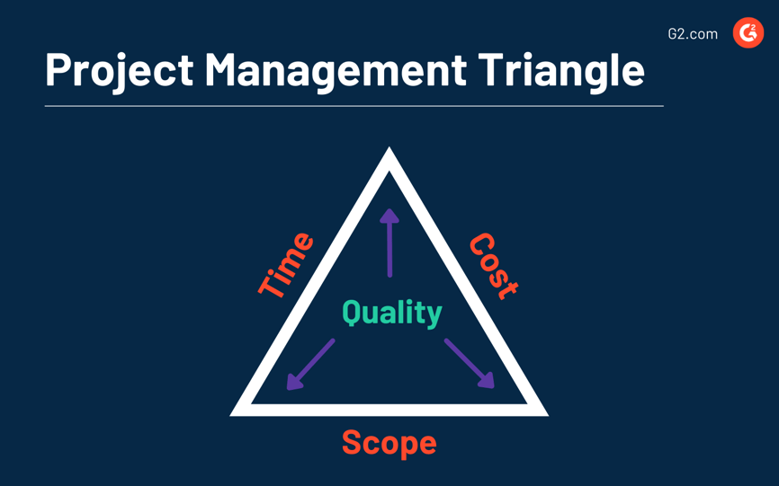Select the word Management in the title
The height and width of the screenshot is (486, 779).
336,69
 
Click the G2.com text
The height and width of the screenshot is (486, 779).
693,34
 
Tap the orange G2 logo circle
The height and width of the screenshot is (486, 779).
748,33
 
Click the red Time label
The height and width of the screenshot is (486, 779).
287,264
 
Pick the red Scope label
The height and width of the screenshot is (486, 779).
389,442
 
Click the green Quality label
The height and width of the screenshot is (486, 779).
391,312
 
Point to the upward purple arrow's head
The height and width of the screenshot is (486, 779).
389,216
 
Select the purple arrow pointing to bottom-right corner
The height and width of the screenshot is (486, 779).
470,364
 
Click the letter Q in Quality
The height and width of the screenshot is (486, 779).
352,312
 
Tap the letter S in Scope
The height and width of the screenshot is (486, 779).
352,442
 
